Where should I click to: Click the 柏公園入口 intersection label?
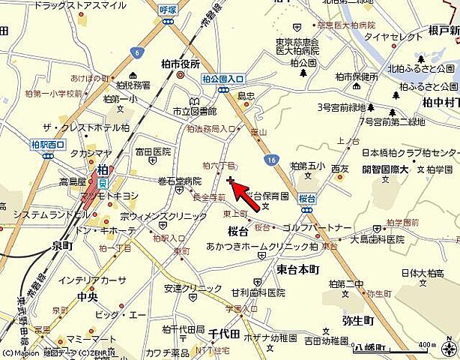pos(223,79)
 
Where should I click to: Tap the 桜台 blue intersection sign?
pos(306,199)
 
